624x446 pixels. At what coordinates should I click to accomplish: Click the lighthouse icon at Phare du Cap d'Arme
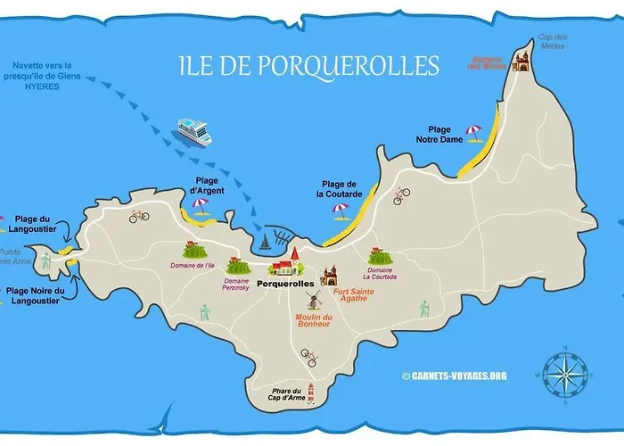[x=310, y=392]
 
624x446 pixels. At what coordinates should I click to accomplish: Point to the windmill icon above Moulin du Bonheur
[x=313, y=301]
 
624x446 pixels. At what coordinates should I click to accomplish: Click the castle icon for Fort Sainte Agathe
[x=330, y=275]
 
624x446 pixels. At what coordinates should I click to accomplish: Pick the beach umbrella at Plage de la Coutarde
[x=340, y=211]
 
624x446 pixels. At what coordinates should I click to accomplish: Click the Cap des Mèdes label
[x=552, y=42]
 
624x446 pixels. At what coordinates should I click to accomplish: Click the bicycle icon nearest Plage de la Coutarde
[x=401, y=194]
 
